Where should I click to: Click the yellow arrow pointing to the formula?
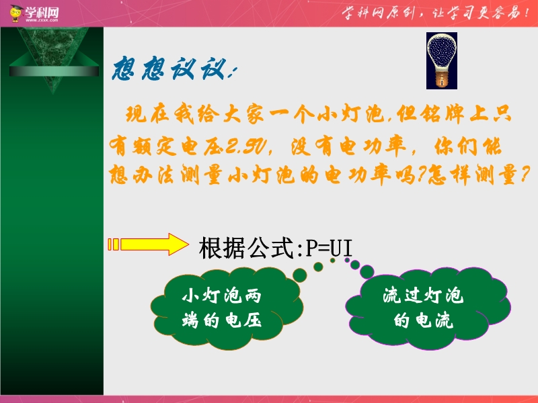pos(148,244)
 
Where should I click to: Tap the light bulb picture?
pos(442,60)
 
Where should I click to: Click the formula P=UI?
pos(329,248)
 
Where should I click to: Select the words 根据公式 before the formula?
pos(246,248)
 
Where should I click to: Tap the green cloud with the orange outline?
pos(227,308)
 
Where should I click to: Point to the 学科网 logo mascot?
pos(15,13)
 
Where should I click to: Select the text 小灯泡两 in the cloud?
pos(222,296)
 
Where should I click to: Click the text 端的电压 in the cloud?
pos(222,320)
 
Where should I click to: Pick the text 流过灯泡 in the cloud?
pos(423,296)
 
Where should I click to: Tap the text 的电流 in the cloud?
pos(424,320)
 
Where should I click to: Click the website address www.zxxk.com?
pos(42,20)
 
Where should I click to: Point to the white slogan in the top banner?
pos(435,13)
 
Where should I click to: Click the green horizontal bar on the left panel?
pos(54,71)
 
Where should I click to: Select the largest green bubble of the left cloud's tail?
pos(300,275)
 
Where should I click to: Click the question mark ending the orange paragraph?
pos(524,175)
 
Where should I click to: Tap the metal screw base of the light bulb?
pos(442,77)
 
